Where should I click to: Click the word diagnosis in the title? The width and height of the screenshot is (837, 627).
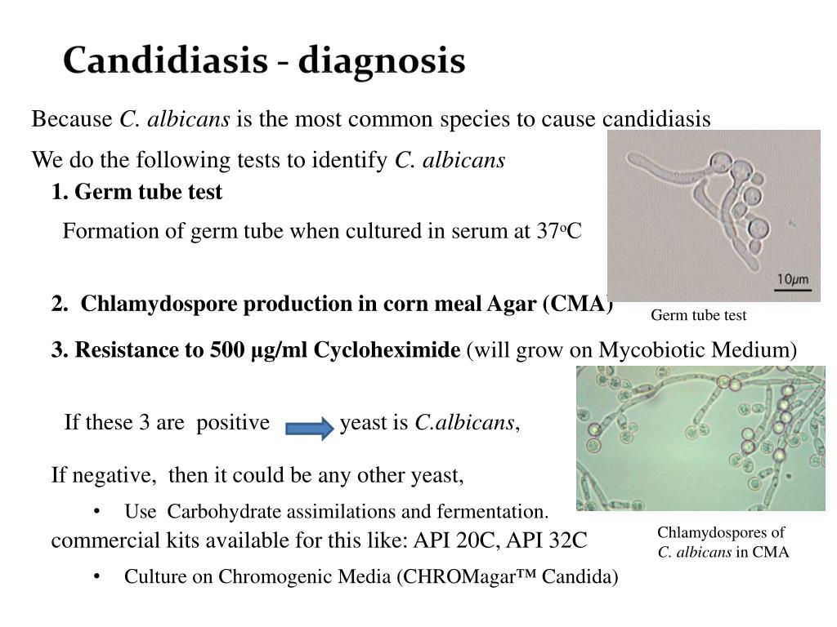tap(382, 61)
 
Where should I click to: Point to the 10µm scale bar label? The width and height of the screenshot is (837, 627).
tap(792, 280)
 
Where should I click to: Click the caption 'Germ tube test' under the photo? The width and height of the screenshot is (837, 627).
tap(698, 315)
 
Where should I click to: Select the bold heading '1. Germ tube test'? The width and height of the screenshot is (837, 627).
tap(137, 192)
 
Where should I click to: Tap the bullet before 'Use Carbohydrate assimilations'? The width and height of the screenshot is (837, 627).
tap(97, 512)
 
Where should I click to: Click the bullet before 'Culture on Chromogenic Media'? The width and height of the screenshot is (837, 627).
tap(97, 576)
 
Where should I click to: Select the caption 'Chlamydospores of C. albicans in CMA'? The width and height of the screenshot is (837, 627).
tap(723, 542)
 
